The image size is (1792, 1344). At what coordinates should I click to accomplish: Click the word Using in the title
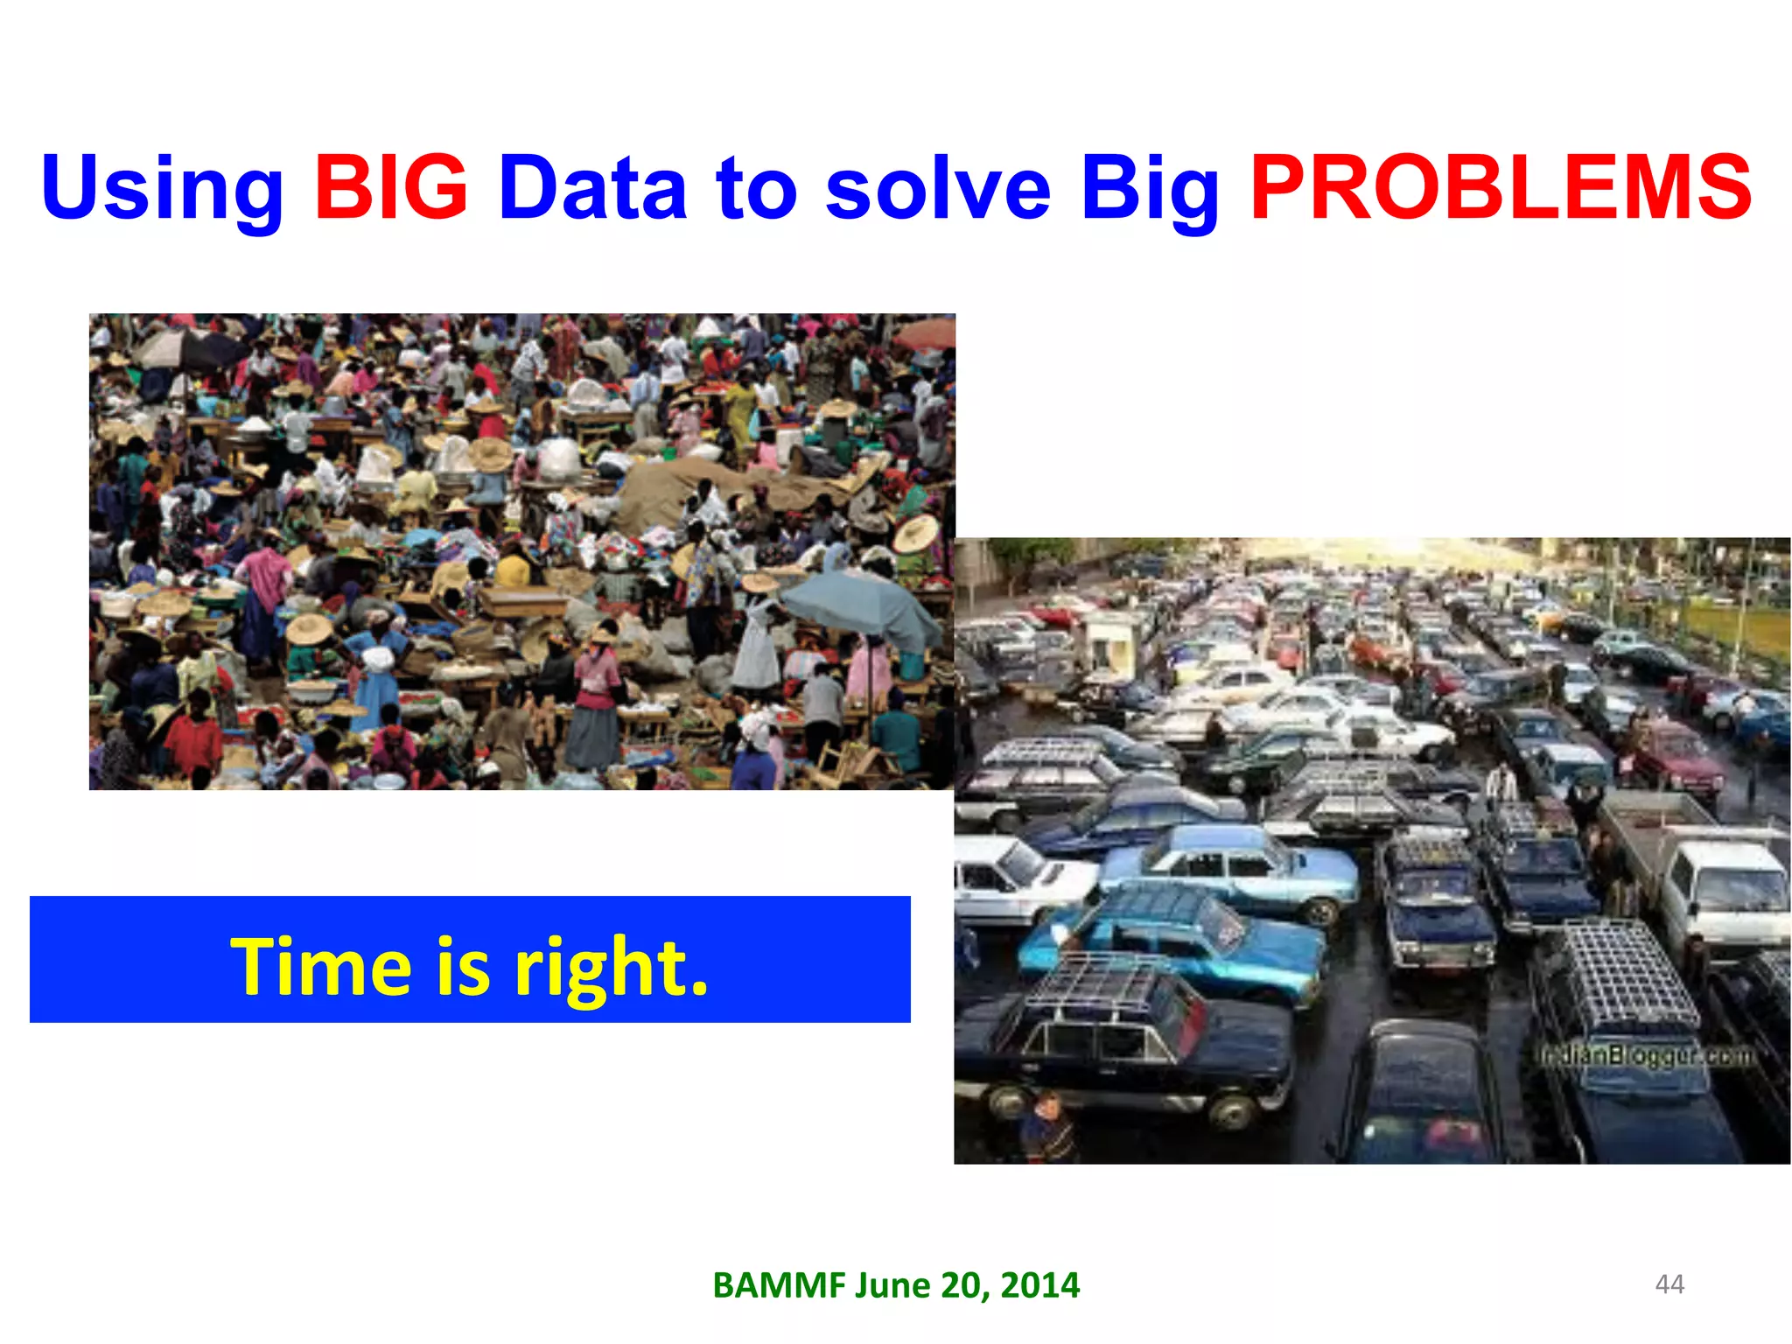[163, 189]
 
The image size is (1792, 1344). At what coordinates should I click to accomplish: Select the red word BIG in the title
[392, 187]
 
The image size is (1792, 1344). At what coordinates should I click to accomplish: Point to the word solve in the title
[938, 189]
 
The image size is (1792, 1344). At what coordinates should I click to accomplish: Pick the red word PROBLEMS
[1501, 187]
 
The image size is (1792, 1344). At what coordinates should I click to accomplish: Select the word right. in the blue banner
[612, 968]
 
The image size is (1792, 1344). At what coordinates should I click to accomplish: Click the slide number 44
[1669, 1284]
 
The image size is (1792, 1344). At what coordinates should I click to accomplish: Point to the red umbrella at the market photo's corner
[926, 332]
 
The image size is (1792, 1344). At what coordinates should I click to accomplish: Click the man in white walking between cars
[1501, 782]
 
